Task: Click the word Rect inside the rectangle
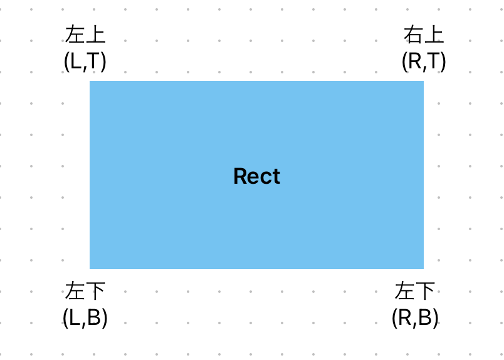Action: (256, 176)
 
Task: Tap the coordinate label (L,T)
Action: (85, 61)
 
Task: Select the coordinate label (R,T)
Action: (424, 61)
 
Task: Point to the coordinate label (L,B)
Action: (85, 318)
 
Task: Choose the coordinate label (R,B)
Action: (415, 318)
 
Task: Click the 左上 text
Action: (85, 35)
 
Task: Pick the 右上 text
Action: (424, 35)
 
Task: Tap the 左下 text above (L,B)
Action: (85, 292)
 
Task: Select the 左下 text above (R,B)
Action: (415, 292)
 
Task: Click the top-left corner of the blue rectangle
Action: (90, 82)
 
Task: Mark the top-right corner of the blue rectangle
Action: (423, 82)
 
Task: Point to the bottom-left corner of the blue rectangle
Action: (90, 268)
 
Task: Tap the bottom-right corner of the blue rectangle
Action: (423, 268)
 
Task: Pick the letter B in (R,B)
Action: (426, 318)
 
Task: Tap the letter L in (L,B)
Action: (73, 318)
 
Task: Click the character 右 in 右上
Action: (414, 35)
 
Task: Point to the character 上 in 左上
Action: (96, 35)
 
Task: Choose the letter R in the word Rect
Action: (239, 176)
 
